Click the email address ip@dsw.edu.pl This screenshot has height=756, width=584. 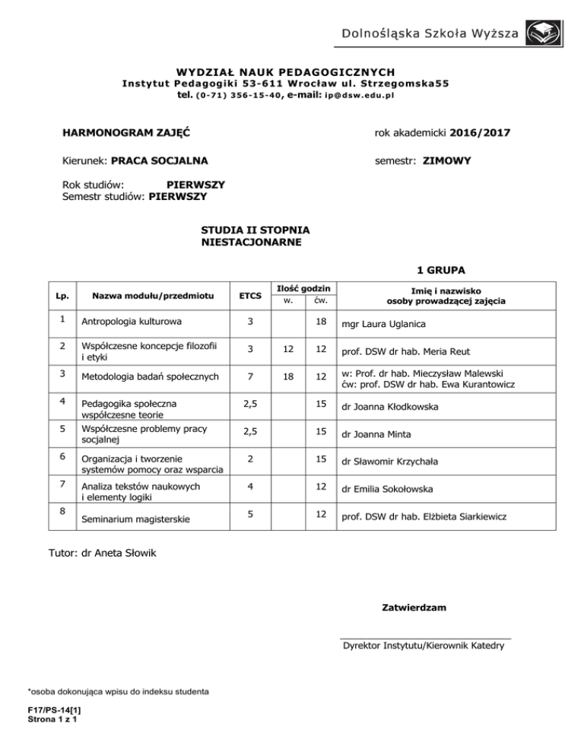click(x=359, y=96)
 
